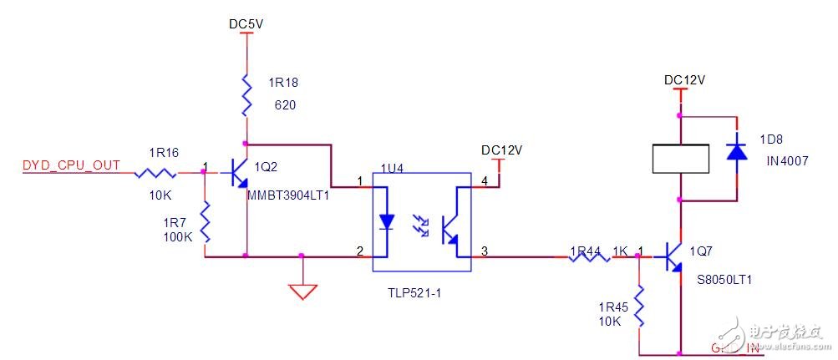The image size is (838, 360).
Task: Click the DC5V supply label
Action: click(x=246, y=24)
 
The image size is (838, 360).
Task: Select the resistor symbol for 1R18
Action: click(x=246, y=94)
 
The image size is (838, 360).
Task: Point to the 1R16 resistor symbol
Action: click(x=155, y=173)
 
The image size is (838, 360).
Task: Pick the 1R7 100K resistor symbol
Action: click(x=204, y=221)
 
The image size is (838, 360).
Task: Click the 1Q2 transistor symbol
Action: click(x=240, y=174)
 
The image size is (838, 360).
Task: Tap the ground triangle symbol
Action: click(x=302, y=292)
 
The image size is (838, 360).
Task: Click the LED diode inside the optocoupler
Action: click(x=387, y=221)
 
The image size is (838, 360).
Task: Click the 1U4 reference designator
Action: click(x=392, y=168)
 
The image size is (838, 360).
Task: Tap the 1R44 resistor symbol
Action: click(x=589, y=257)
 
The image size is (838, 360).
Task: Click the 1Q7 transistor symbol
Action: click(x=675, y=257)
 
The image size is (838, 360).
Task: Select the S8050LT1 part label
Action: click(x=724, y=280)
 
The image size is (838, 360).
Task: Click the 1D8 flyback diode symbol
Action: click(x=736, y=150)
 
